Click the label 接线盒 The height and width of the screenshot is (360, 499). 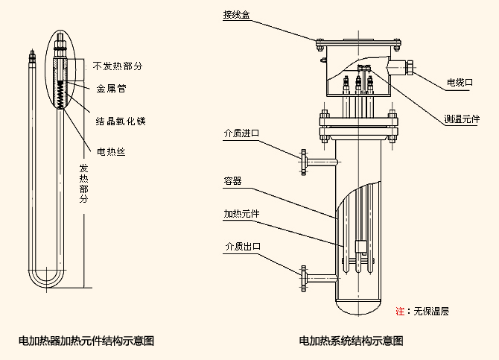235,14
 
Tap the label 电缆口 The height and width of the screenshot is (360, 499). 459,82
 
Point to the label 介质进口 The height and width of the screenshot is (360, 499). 241,133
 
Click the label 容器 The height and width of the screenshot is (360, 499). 232,180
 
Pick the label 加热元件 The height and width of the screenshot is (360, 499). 241,214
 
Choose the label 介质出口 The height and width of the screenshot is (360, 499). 241,247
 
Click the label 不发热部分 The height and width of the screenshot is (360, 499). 118,66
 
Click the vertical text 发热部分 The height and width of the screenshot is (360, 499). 83,184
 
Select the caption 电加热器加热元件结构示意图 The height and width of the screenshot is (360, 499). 86,341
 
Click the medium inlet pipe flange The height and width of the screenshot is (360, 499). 304,158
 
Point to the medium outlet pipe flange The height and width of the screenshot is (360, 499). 304,277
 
